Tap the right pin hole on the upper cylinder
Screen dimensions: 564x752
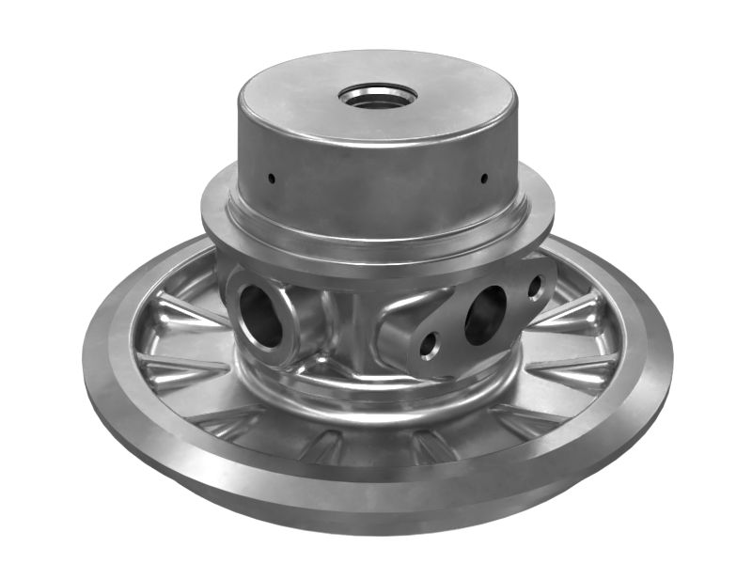click(483, 178)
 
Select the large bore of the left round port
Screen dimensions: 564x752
click(259, 314)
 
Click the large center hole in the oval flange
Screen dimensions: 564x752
click(485, 313)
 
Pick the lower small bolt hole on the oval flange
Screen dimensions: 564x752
click(430, 346)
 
